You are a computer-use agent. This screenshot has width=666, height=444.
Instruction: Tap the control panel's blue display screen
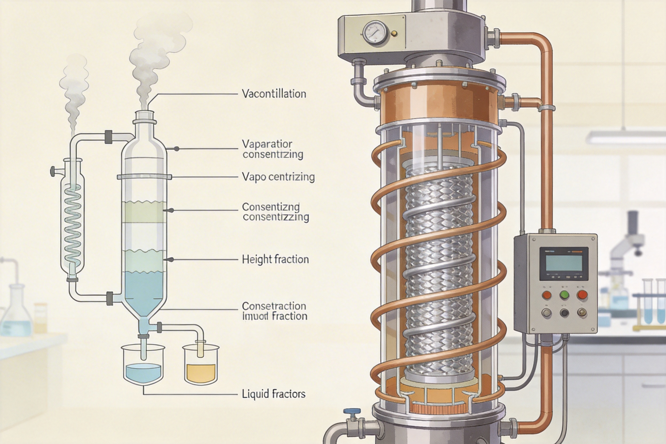click(x=564, y=263)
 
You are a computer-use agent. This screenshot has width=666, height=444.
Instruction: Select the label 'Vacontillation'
click(x=274, y=94)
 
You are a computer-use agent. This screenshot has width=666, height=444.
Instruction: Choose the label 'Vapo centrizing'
click(x=278, y=177)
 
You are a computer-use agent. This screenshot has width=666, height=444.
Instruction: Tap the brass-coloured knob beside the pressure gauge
click(x=393, y=34)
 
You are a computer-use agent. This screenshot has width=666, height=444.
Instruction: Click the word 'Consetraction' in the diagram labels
click(x=274, y=306)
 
